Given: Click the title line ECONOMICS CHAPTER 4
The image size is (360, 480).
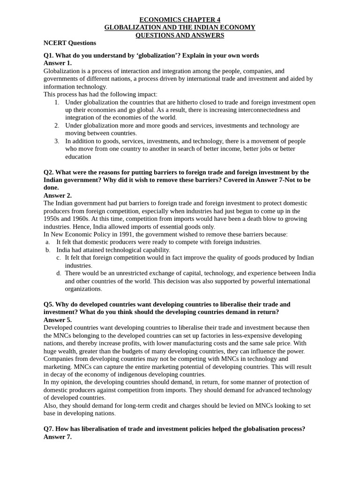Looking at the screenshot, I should tap(180, 20).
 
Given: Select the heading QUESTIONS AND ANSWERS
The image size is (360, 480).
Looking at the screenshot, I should tap(180, 35).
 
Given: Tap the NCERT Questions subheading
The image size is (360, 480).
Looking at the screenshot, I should tap(69, 43).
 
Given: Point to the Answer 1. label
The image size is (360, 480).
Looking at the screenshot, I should tap(57, 63).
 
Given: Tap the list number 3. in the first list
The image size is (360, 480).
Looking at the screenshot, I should tap(56, 141).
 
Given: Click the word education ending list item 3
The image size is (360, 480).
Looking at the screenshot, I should tap(78, 157).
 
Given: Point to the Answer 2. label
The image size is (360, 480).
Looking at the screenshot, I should tap(57, 195).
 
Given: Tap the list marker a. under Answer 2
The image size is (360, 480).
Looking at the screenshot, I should tap(48, 242).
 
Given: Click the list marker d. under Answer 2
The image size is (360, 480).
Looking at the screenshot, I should tap(59, 273).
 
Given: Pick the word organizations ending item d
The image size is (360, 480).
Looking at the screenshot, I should tap(83, 289).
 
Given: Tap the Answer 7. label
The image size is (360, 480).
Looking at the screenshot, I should tap(57, 436).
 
